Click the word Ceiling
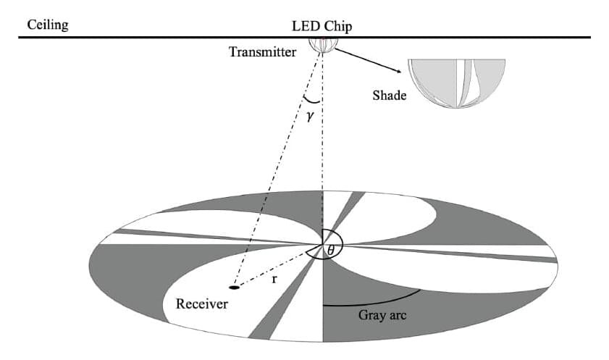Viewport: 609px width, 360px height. [47, 25]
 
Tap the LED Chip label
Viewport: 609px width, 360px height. [321, 26]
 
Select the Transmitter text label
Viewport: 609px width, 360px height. [262, 53]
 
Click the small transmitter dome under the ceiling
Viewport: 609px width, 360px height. [322, 45]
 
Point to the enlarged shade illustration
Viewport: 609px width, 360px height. [455, 83]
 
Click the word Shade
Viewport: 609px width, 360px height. [390, 95]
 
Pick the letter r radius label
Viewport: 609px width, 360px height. [273, 277]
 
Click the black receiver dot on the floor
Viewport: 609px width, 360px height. [234, 288]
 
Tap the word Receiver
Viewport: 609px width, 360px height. [202, 304]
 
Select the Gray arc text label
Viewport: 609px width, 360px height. [382, 316]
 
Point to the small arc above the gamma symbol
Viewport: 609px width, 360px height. [312, 101]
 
